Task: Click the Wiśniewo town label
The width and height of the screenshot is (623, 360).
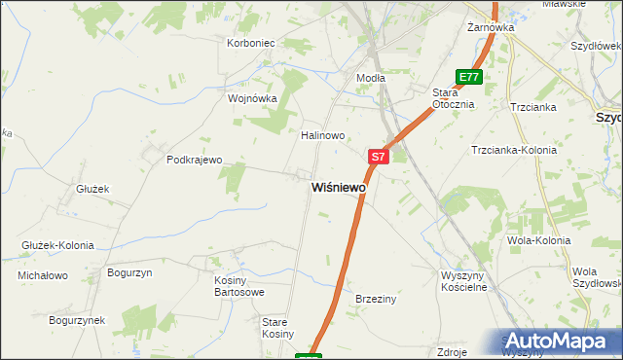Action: [x=339, y=187]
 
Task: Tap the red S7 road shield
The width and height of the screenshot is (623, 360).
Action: [x=379, y=156]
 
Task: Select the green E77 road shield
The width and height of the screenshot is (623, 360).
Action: [x=469, y=77]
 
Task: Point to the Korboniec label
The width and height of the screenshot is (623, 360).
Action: [x=252, y=43]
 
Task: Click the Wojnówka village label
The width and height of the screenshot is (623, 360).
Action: [x=253, y=98]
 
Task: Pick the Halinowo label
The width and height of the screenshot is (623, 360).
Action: [x=323, y=136]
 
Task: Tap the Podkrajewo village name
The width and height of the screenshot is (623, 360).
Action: [x=195, y=160]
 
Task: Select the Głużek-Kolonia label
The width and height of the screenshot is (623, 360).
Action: [x=56, y=245]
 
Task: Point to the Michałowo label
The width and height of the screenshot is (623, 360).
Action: [x=43, y=275]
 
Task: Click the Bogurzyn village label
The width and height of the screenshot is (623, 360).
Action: [x=130, y=273]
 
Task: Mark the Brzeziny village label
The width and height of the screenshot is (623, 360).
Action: [x=376, y=300]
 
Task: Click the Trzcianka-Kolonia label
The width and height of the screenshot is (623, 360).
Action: [x=513, y=150]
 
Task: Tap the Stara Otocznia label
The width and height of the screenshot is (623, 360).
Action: [x=453, y=98]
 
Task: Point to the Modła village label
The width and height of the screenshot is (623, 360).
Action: [x=371, y=78]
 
